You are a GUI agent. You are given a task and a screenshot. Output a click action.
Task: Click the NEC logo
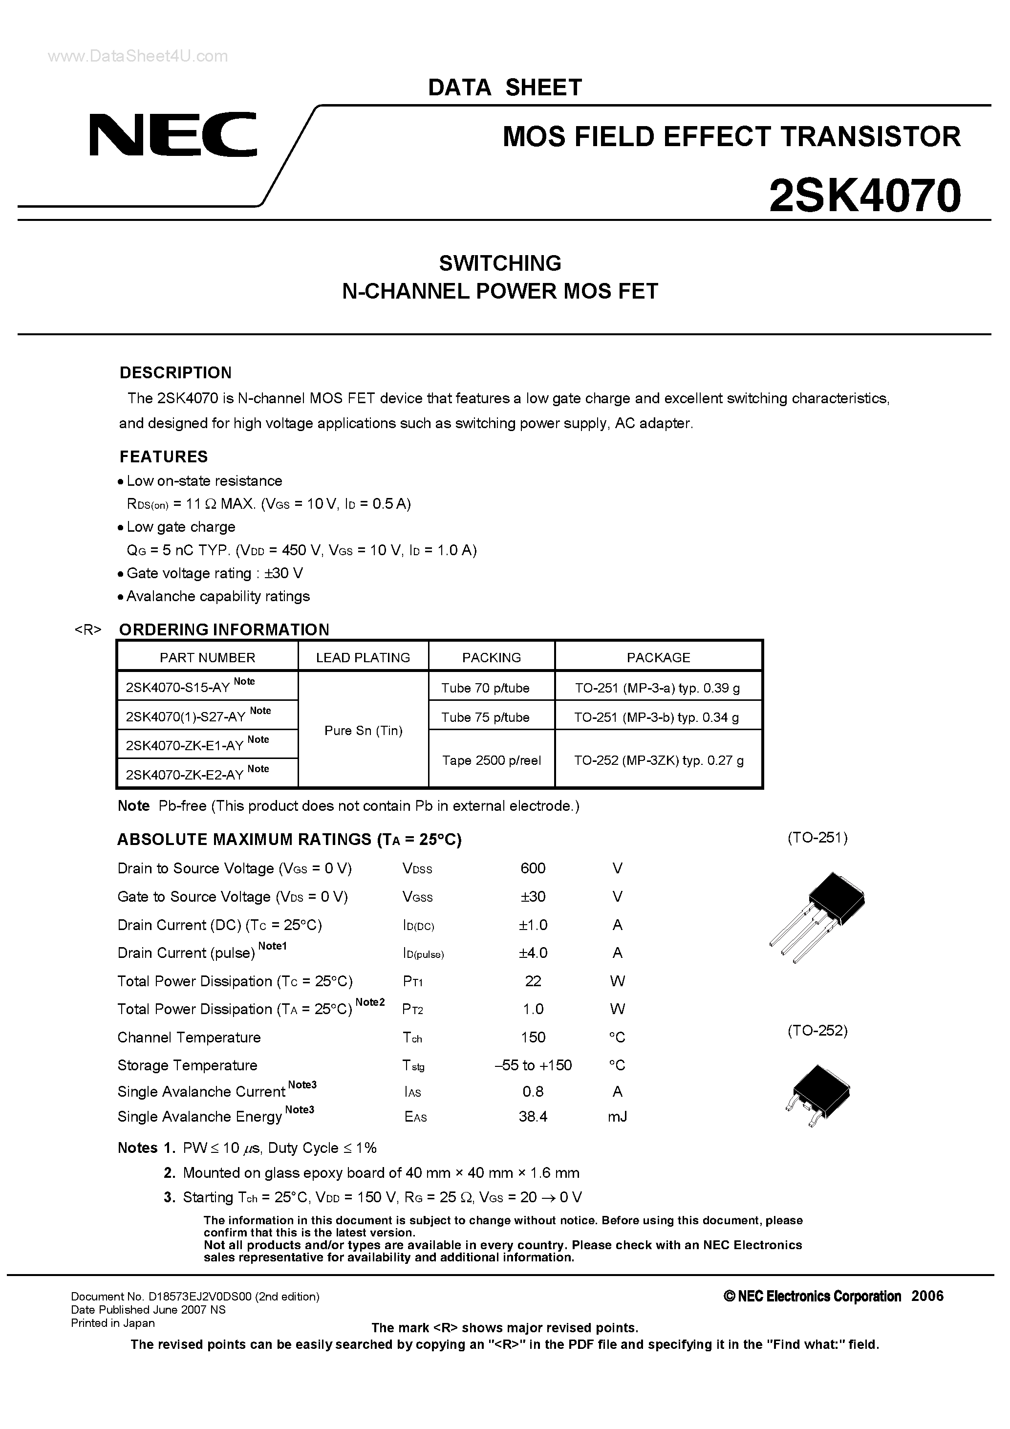[172, 135]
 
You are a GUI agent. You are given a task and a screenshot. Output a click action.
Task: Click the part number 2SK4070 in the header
[864, 196]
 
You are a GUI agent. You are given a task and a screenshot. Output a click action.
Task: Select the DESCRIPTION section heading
[175, 373]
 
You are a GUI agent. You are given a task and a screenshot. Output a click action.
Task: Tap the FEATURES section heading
[164, 457]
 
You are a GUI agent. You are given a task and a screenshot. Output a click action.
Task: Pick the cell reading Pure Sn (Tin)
[364, 731]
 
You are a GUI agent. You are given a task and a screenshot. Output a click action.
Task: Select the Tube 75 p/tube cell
[485, 717]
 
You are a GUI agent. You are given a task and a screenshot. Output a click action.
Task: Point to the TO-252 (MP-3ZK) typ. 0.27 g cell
[658, 760]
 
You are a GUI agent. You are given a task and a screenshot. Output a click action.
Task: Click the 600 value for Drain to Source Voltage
[533, 868]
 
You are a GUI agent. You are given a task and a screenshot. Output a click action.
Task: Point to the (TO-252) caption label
[817, 1031]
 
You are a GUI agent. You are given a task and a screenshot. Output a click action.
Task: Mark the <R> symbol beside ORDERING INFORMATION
[88, 630]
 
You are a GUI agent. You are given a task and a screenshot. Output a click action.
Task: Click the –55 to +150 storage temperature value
[533, 1065]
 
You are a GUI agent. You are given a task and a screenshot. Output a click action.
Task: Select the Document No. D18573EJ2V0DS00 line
[195, 1297]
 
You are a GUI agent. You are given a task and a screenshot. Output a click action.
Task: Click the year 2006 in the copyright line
[927, 1296]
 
